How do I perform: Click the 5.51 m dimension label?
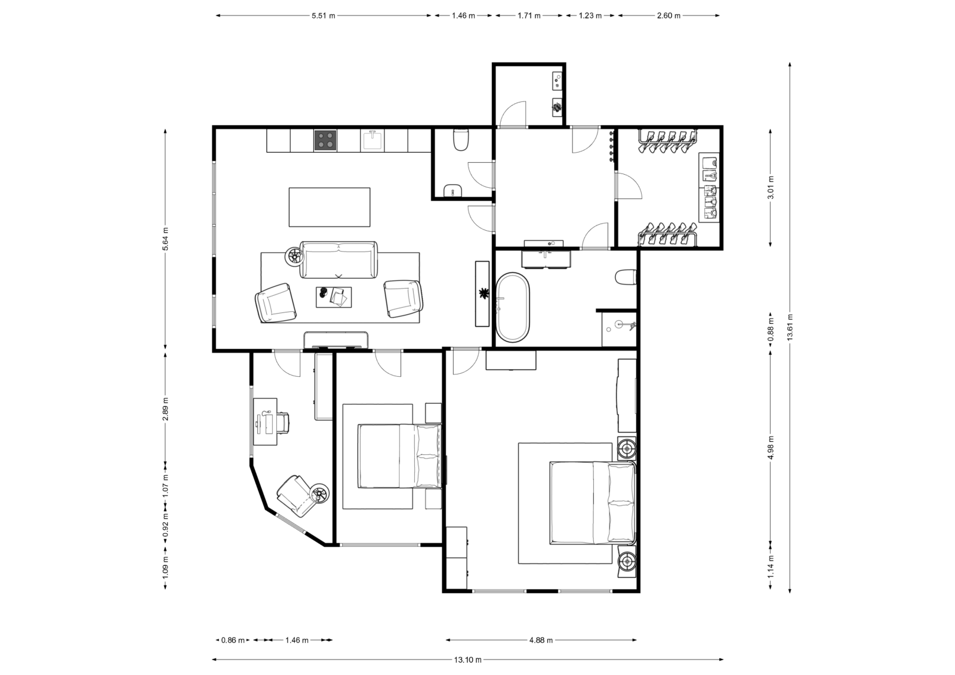point(323,16)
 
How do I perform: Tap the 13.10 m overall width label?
point(468,659)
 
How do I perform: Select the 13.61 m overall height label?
point(790,327)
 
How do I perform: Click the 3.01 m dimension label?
point(770,187)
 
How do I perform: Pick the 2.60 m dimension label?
point(668,16)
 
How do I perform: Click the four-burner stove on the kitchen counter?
point(325,140)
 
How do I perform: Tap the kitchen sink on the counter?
point(372,140)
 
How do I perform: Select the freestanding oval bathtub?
point(513,307)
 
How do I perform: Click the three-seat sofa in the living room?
point(339,260)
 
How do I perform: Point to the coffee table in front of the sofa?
point(334,297)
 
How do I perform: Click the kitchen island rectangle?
point(329,207)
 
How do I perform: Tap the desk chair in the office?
point(282,422)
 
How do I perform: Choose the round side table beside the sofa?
point(294,256)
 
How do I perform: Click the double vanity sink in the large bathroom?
point(546,259)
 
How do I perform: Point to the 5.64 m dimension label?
point(165,239)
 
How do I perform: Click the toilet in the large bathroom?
point(626,277)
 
